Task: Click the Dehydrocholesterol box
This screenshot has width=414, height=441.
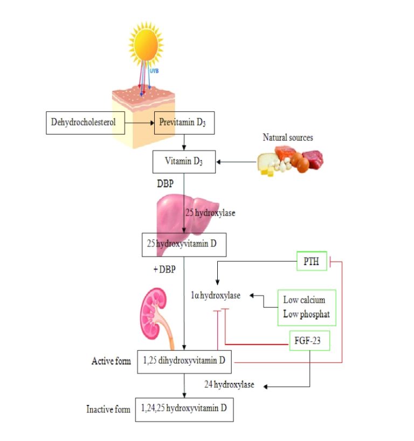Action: tap(84, 123)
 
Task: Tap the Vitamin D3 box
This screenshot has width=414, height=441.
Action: tap(184, 162)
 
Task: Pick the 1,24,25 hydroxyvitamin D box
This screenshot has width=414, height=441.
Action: tap(185, 409)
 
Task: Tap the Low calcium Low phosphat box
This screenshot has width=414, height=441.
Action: tap(307, 307)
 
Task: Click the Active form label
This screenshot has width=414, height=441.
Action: tap(111, 361)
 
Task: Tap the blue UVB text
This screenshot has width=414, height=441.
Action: tap(155, 71)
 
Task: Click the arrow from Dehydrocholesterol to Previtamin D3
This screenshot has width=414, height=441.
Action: tap(139, 123)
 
